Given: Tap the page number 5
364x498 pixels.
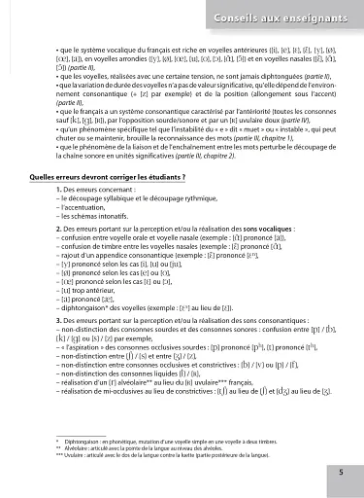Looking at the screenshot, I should pos(341,472).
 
